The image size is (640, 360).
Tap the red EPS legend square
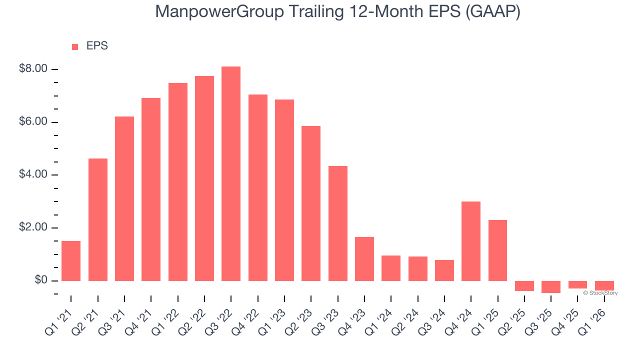pos(75,47)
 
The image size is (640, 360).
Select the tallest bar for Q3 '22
pos(231,173)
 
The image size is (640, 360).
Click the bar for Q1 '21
pos(71,261)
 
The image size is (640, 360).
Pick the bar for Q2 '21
pos(98,219)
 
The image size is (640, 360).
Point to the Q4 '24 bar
pos(471,241)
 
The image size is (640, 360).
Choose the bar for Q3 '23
pos(338,223)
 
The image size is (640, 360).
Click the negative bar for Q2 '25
pos(524,286)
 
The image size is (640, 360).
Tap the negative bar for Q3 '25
pos(551,287)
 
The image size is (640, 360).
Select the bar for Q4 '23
pos(364,259)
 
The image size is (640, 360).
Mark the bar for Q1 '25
pos(497,250)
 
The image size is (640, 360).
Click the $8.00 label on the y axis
pos(33,69)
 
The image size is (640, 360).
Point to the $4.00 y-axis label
pos(33,175)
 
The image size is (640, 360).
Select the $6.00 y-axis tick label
pos(33,122)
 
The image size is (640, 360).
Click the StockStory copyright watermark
pos(600,293)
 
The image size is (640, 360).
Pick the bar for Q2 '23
pos(311,203)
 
